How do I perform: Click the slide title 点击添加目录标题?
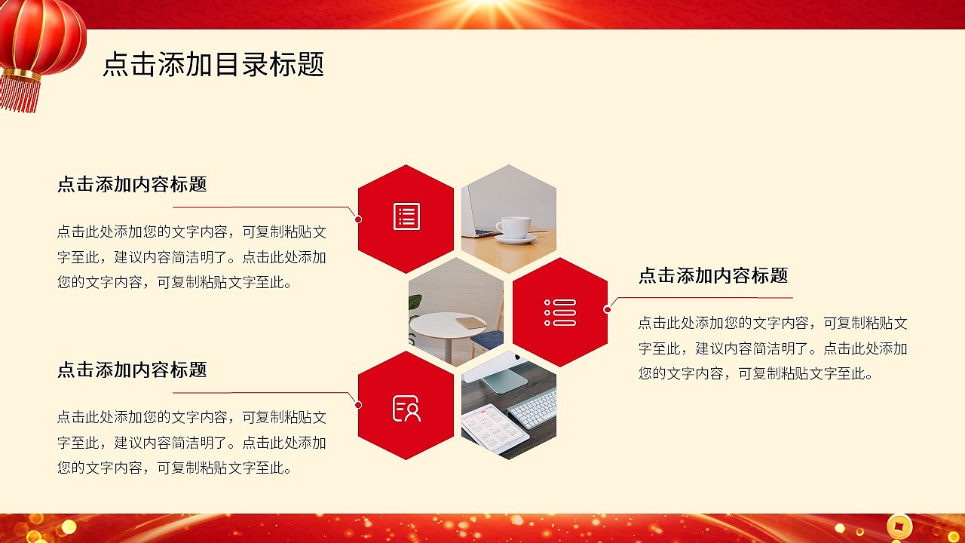click(213, 65)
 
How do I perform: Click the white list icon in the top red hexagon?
click(406, 216)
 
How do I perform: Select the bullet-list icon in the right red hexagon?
click(560, 312)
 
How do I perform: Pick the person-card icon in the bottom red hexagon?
click(406, 408)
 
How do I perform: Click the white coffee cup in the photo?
click(514, 228)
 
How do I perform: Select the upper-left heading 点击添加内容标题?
click(132, 185)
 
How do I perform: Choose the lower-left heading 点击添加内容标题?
click(132, 370)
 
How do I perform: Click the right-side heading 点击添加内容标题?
click(713, 276)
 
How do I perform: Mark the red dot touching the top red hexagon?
click(358, 219)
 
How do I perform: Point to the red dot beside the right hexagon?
click(607, 309)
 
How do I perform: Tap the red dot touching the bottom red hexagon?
click(358, 405)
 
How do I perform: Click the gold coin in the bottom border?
click(899, 526)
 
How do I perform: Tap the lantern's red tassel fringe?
click(20, 94)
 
